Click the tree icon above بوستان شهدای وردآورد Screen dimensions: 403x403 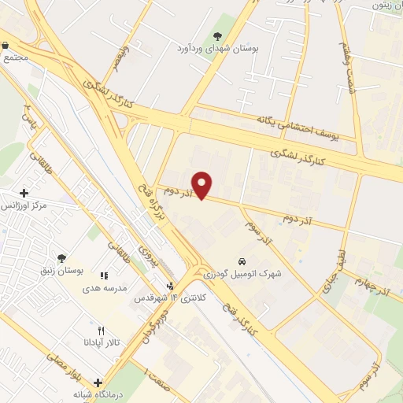(x=218, y=35)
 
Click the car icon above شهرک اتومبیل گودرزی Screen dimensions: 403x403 (x=241, y=261)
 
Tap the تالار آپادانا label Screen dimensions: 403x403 (x=99, y=342)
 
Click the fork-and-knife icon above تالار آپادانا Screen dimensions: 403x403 (x=100, y=330)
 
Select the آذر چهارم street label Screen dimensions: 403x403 (x=372, y=285)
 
